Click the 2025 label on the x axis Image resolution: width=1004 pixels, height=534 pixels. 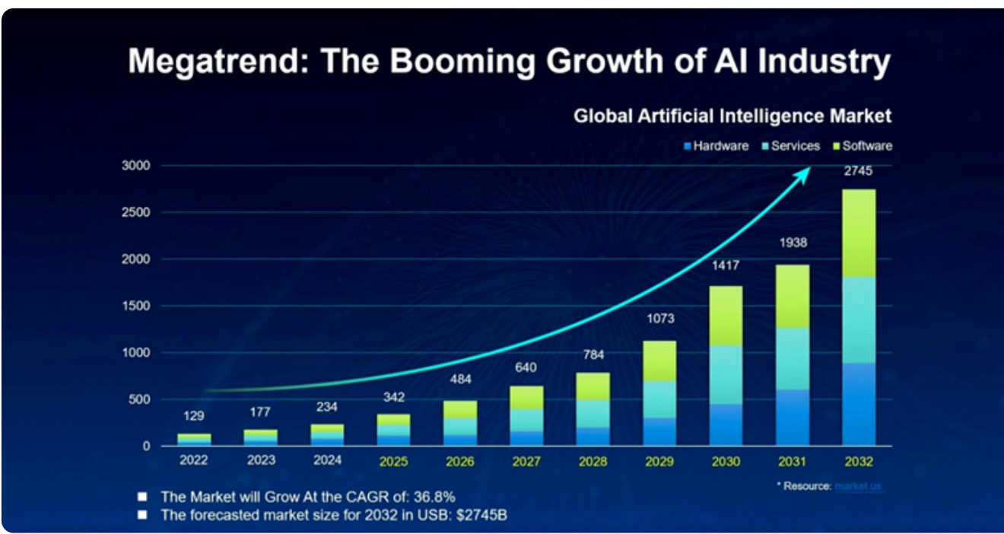(x=394, y=461)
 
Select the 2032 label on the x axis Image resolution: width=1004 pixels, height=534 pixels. (x=859, y=461)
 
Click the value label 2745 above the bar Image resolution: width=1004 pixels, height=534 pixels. (x=859, y=172)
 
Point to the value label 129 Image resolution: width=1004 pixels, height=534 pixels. (x=195, y=416)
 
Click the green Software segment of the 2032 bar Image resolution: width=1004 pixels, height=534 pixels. (x=859, y=233)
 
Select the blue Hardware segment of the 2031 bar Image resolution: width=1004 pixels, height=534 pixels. (x=792, y=418)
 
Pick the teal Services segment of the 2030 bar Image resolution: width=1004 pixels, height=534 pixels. (x=726, y=374)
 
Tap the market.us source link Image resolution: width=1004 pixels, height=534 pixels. (x=858, y=486)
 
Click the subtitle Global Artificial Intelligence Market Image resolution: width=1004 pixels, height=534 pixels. (x=732, y=116)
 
